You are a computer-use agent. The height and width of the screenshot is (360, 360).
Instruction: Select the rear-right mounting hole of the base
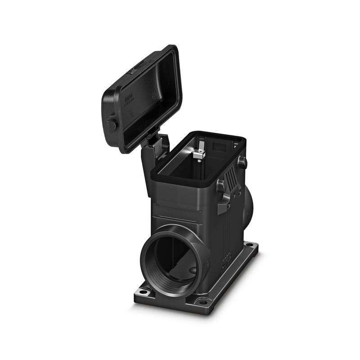point(248,246)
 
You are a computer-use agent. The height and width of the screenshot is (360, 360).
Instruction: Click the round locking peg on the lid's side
point(111,124)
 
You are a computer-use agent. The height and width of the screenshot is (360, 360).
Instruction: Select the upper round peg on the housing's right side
point(242,162)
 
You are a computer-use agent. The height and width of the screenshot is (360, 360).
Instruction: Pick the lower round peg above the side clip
point(220,186)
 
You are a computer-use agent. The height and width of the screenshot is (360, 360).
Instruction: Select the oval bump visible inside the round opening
point(191,270)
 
